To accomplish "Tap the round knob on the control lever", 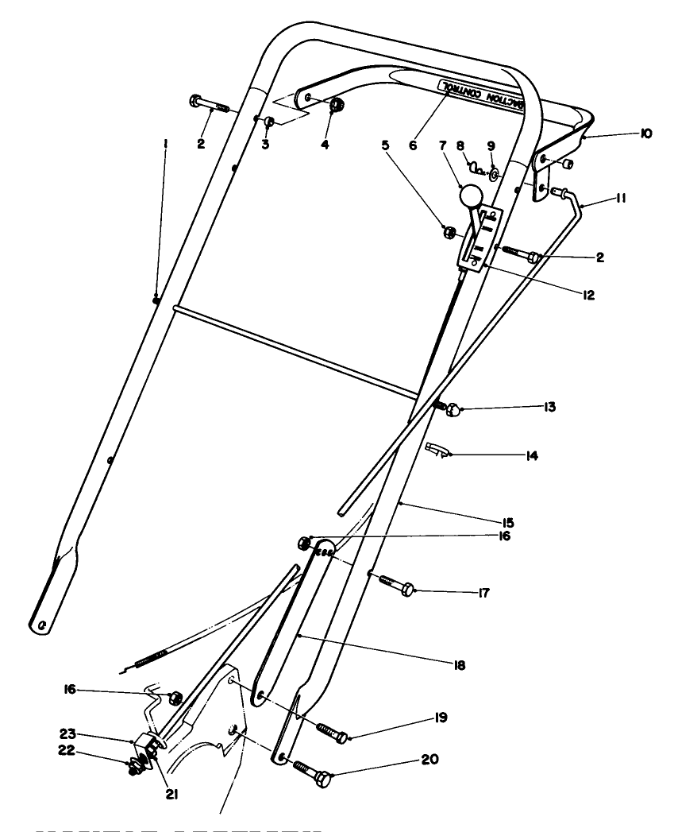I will [471, 195].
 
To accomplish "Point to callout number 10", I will [645, 134].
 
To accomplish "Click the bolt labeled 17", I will [393, 589].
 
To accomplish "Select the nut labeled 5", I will [449, 232].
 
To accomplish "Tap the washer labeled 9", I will [494, 172].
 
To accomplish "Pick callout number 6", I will [412, 145].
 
